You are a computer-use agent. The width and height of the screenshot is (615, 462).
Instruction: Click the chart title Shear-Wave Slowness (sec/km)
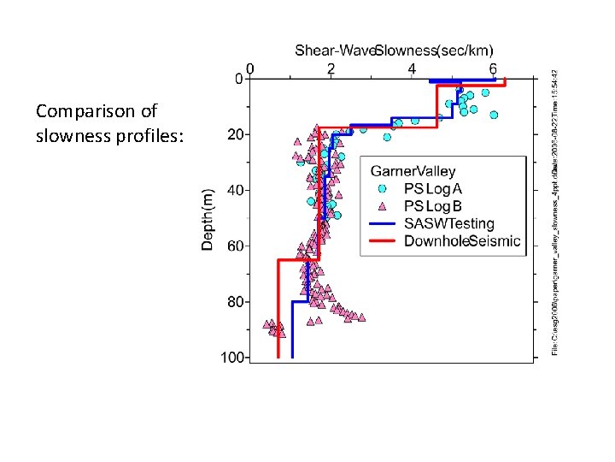(x=397, y=50)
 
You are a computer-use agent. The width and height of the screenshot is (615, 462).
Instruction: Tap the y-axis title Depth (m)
(x=208, y=219)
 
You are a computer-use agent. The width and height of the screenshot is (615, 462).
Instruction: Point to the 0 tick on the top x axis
(x=249, y=68)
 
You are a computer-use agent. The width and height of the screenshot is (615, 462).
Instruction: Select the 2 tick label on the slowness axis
(x=331, y=68)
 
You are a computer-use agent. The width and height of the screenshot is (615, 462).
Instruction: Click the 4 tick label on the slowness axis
(x=413, y=68)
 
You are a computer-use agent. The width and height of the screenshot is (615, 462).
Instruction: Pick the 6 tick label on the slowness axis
(x=494, y=68)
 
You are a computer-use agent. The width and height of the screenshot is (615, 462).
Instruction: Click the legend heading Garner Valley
(x=413, y=172)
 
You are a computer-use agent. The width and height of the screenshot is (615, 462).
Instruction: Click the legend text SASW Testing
(x=448, y=223)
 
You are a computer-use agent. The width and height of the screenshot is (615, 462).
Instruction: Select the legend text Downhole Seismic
(x=461, y=241)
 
